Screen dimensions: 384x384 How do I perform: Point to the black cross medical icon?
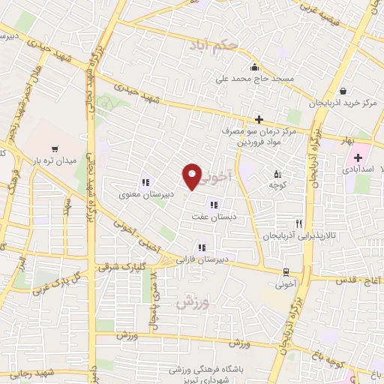click(259, 118)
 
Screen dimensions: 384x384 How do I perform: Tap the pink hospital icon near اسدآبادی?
click(358, 158)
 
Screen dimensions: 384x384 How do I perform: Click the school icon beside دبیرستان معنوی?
click(145, 181)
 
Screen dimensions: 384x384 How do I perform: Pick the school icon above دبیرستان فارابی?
click(201, 247)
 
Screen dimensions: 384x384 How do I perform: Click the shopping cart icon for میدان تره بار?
click(55, 150)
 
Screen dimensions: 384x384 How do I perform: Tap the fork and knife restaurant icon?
click(298, 223)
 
